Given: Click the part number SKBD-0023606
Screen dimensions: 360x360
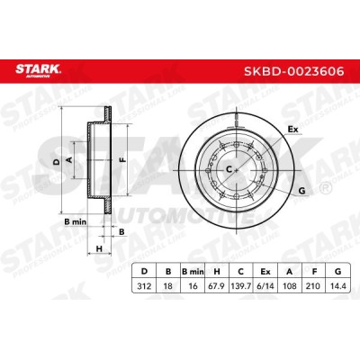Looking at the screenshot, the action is tap(294, 71).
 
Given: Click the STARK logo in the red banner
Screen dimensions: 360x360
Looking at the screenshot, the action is tap(38, 71).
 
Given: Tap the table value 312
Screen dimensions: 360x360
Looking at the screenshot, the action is tap(144, 286).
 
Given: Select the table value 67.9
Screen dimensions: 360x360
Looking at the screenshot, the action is tap(216, 286).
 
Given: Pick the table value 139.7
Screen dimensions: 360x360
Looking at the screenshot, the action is tap(240, 286).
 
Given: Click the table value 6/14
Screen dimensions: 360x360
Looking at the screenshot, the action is tap(265, 286).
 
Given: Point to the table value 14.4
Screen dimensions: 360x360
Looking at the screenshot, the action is tap(338, 286).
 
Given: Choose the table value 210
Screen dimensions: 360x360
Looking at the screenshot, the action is tap(314, 286).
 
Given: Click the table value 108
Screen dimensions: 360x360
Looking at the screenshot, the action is tap(290, 286).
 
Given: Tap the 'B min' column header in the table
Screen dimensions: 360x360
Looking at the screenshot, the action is tap(193, 272).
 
